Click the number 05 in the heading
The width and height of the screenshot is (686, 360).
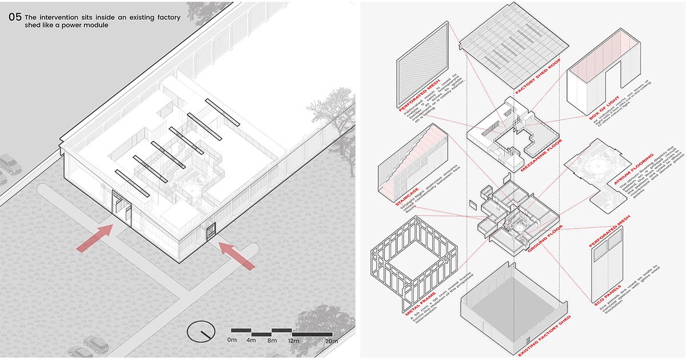coord(15,18)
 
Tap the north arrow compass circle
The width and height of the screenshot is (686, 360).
coord(201,331)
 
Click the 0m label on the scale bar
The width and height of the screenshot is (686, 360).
coord(232,341)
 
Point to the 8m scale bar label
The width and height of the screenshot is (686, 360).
coord(272,341)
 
